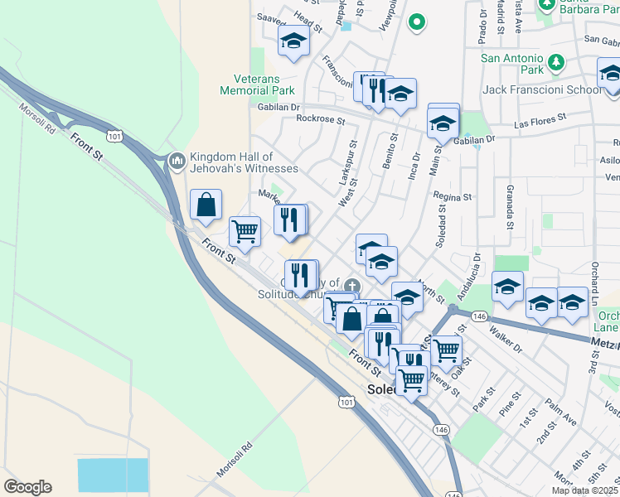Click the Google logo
[27, 487]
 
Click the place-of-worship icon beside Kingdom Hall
[176, 159]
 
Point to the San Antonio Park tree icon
[557, 60]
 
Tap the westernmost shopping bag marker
[206, 204]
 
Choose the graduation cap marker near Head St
[293, 41]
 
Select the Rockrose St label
[320, 119]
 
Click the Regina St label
[452, 197]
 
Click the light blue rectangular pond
[113, 476]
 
